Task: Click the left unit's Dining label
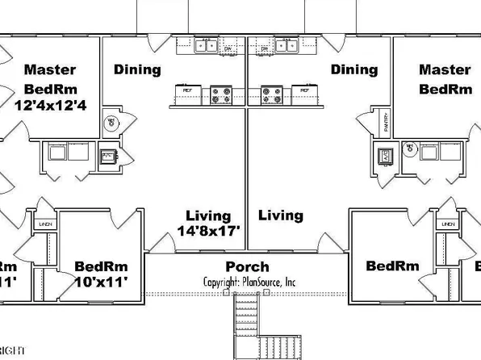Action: click(137, 69)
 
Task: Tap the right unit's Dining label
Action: click(353, 69)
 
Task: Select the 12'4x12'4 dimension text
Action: click(49, 103)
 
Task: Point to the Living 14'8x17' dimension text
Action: click(207, 231)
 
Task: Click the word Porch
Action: click(247, 266)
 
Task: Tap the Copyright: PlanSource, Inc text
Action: click(249, 282)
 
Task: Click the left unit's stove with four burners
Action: click(221, 96)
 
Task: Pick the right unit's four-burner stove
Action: click(271, 96)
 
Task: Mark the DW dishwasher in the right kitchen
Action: click(264, 48)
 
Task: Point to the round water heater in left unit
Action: click(111, 123)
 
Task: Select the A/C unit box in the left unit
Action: click(107, 155)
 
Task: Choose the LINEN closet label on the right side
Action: click(448, 224)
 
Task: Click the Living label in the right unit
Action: click(281, 216)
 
